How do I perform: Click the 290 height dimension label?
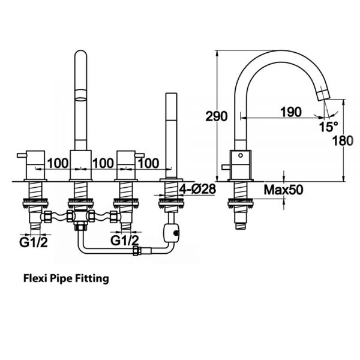(x=216, y=116)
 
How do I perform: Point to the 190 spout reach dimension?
(x=291, y=112)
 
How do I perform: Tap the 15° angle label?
(x=329, y=127)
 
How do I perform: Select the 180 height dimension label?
(x=343, y=140)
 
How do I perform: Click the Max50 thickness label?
(x=283, y=190)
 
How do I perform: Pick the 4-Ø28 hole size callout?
(x=197, y=189)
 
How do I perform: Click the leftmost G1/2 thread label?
(x=34, y=242)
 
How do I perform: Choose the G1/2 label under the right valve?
(x=125, y=241)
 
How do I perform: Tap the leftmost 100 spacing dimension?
(x=58, y=163)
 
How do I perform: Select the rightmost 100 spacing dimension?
(x=149, y=163)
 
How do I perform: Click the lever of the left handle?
(x=22, y=155)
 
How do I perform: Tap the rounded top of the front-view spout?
(x=81, y=53)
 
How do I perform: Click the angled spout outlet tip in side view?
(x=323, y=95)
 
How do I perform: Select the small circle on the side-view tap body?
(x=241, y=155)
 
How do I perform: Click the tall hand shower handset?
(x=171, y=135)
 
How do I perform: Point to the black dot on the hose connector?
(x=176, y=233)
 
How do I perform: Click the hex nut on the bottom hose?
(x=136, y=250)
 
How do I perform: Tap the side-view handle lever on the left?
(x=226, y=167)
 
